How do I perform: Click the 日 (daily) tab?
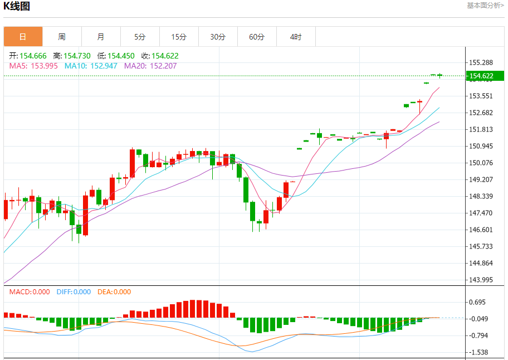23,37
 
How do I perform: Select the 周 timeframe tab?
62,37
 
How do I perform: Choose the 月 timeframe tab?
101,37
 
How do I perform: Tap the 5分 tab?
140,37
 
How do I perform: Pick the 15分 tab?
179,37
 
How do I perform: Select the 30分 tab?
218,37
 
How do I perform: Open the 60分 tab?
257,37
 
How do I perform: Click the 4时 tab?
296,37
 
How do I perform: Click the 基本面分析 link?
485,5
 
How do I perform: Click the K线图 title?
17,7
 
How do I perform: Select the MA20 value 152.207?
163,66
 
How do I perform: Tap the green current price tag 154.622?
481,76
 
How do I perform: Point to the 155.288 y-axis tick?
481,62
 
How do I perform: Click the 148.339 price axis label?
481,196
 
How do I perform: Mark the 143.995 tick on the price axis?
481,280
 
